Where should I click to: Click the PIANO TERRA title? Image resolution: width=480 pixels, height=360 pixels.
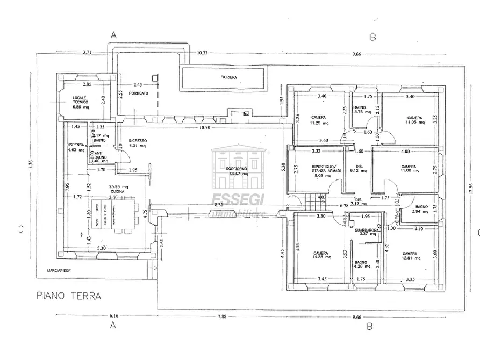point(68,295)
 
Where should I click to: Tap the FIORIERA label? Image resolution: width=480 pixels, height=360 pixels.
point(228,78)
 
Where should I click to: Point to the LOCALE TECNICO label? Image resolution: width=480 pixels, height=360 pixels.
point(80,99)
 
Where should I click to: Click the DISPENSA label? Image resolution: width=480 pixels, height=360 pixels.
point(75,145)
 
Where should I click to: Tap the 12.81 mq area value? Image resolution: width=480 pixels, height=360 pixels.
point(410,258)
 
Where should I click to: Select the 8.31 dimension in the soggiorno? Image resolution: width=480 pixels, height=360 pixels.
point(219,205)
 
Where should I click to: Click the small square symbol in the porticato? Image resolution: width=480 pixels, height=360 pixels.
point(155,77)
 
